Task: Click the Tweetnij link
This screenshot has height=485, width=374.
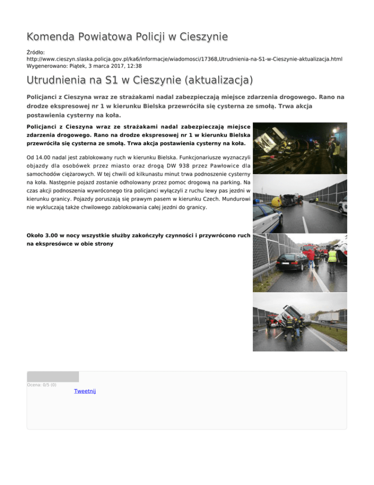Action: click(85, 391)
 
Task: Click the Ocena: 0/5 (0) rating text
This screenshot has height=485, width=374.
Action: click(42, 385)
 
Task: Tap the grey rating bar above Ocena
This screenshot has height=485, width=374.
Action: click(53, 376)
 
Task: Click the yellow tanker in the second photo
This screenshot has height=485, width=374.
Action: click(276, 201)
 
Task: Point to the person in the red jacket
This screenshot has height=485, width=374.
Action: click(311, 256)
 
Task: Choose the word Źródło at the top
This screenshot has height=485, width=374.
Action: click(35, 51)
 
